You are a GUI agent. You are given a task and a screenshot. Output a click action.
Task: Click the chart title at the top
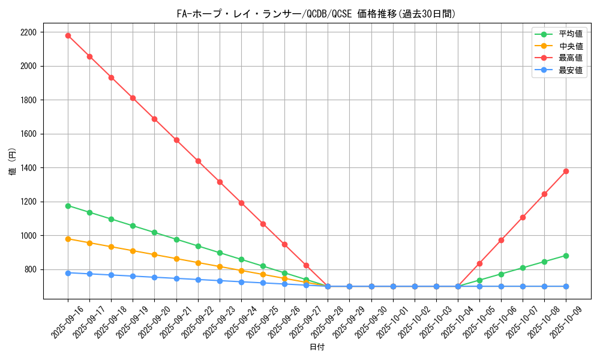coord(316,14)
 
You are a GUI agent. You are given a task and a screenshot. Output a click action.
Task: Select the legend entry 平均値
coord(571,34)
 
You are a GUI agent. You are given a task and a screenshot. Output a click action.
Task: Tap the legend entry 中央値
coord(571,46)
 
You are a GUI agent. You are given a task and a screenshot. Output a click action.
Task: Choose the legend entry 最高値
coord(571,58)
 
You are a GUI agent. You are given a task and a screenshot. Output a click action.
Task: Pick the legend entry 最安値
coord(571,70)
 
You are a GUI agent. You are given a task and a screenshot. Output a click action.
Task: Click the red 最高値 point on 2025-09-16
coord(68,35)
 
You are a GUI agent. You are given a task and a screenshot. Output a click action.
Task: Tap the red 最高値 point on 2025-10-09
coord(566,171)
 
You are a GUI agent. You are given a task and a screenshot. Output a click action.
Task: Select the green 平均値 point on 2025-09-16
coord(68,206)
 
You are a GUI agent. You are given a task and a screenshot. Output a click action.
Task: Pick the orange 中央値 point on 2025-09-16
coord(68,239)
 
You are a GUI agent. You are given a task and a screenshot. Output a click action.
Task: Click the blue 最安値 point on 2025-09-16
coord(68,273)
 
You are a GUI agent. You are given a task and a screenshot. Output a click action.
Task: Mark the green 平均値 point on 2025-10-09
coord(566,256)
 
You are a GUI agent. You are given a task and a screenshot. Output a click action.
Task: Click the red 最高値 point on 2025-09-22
coord(198,161)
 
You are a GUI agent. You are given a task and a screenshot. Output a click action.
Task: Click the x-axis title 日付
coord(317,347)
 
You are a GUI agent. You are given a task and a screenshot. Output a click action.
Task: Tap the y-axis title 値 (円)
coord(13,163)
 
